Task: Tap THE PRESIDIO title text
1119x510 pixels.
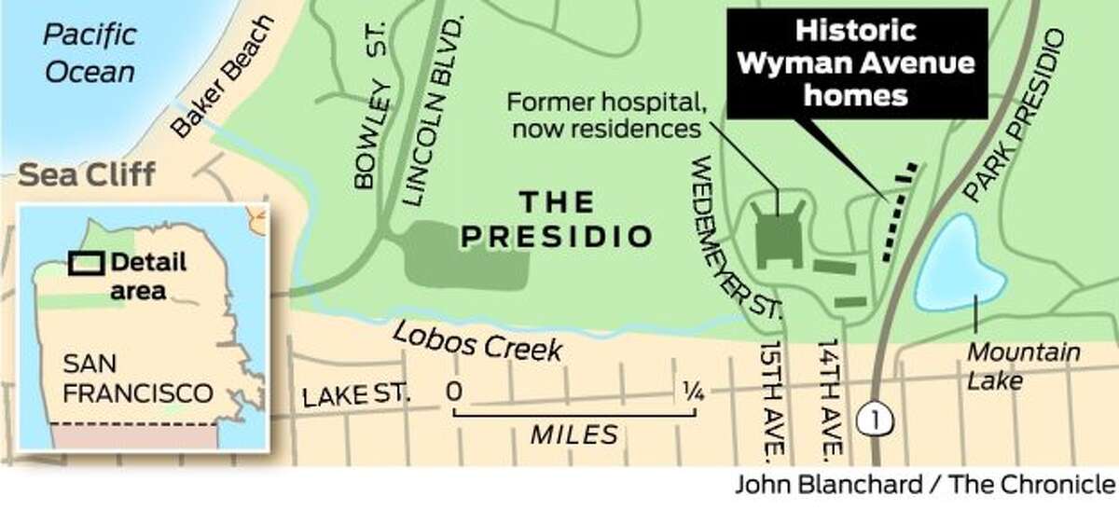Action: coord(557,220)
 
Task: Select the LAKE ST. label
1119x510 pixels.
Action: coord(356,396)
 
